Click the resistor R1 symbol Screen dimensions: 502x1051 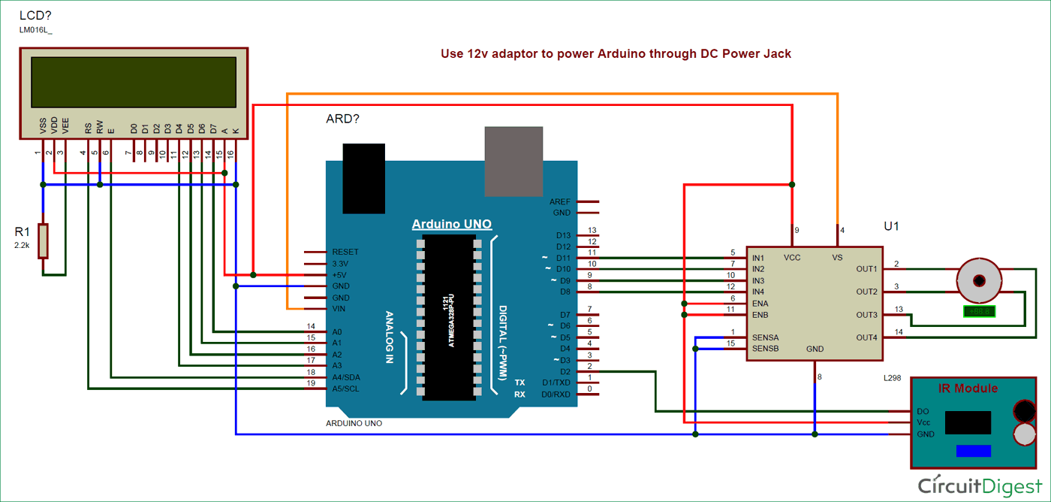pos(43,241)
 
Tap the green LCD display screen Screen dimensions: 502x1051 pos(134,83)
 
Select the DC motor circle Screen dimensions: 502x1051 pos(979,280)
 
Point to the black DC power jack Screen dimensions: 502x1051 pos(363,178)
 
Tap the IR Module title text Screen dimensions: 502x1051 pos(968,389)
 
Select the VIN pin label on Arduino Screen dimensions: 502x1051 pos(340,309)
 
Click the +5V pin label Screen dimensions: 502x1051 pos(340,275)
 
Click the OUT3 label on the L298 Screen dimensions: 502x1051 pos(866,315)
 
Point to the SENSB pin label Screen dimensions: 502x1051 pos(765,349)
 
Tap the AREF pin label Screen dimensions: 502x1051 pos(560,202)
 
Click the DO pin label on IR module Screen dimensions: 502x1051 pos(923,412)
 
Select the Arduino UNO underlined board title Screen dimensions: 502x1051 pos(452,224)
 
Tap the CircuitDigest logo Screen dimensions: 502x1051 pos(980,485)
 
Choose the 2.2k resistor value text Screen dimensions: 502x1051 pos(22,245)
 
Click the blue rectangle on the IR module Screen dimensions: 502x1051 pos(973,451)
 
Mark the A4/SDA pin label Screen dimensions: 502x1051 pos(346,377)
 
